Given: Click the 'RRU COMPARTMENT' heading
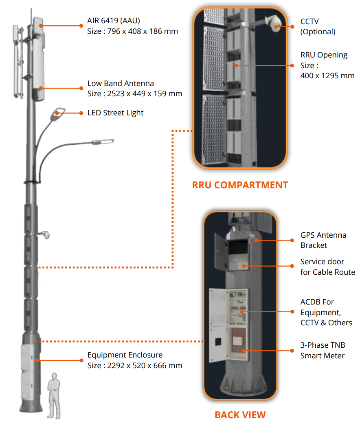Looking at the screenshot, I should pyautogui.click(x=240, y=185).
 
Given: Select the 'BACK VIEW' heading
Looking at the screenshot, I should pyautogui.click(x=240, y=415).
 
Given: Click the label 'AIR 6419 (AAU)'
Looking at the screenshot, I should pyautogui.click(x=114, y=21).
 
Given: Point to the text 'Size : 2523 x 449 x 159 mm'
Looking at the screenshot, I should pyautogui.click(x=135, y=94).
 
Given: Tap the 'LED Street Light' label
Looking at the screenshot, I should pyautogui.click(x=116, y=113).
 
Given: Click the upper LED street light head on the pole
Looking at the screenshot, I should pyautogui.click(x=57, y=113).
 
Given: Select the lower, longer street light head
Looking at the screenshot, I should pyautogui.click(x=103, y=141).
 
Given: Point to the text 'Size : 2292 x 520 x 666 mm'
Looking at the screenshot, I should pyautogui.click(x=135, y=366).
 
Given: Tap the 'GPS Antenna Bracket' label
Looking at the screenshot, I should pyautogui.click(x=323, y=240).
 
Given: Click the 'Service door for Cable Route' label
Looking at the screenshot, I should pyautogui.click(x=327, y=267).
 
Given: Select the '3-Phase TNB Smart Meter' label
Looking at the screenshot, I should pyautogui.click(x=323, y=351).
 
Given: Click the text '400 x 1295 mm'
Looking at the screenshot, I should pyautogui.click(x=327, y=76).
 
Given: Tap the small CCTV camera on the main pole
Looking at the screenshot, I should pyautogui.click(x=47, y=235).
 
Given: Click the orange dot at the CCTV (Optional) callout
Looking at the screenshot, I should pyautogui.click(x=292, y=26).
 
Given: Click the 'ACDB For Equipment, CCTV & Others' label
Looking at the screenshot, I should pyautogui.click(x=326, y=312).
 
